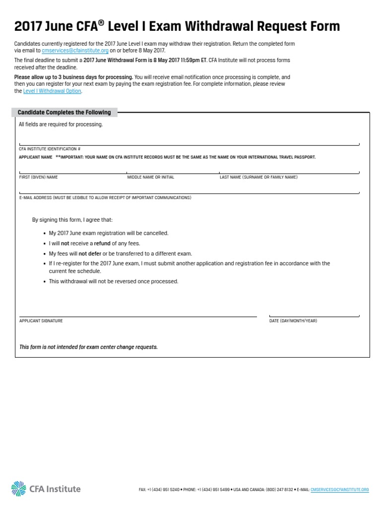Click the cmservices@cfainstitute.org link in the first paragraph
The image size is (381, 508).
(75, 51)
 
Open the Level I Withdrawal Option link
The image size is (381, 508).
(52, 91)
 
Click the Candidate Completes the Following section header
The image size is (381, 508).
(64, 113)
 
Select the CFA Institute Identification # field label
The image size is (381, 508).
(50, 149)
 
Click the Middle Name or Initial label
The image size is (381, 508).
(151, 177)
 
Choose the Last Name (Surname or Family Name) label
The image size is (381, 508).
(258, 177)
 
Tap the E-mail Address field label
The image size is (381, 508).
(105, 197)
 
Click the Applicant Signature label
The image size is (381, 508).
(41, 321)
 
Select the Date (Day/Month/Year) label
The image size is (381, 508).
(293, 321)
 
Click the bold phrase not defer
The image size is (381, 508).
(90, 254)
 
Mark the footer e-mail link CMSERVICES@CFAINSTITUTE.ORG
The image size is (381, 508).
(339, 490)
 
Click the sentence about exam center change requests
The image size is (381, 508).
(88, 347)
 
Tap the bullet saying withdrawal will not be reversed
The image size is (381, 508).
(113, 281)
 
